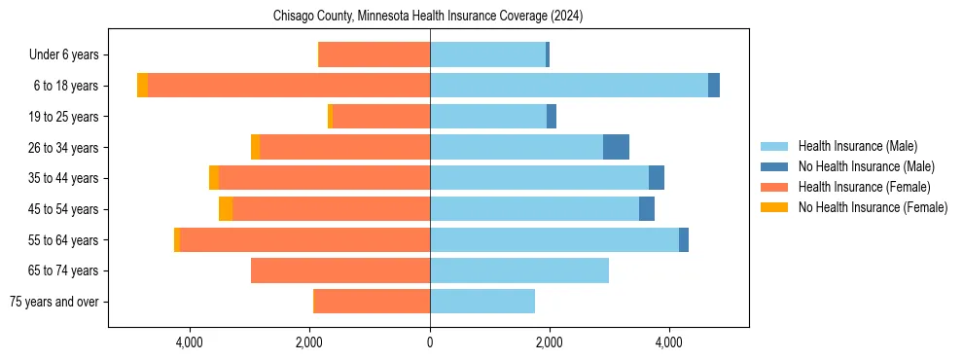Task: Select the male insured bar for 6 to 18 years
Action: pyautogui.click(x=569, y=86)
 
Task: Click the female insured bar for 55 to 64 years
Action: pyautogui.click(x=304, y=239)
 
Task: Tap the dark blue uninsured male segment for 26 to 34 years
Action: pyautogui.click(x=616, y=147)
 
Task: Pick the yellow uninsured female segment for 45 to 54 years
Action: pyautogui.click(x=226, y=209)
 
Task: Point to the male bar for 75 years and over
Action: pyautogui.click(x=482, y=302)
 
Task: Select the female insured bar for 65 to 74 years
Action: pyautogui.click(x=340, y=270)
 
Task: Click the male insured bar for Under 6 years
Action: pyautogui.click(x=487, y=54)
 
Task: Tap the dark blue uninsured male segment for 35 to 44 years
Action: pyautogui.click(x=657, y=178)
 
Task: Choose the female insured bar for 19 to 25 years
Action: pyautogui.click(x=381, y=117)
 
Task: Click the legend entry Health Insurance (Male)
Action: pyautogui.click(x=856, y=146)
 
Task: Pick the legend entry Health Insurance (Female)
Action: pyautogui.click(x=864, y=187)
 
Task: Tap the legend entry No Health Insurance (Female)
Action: pyautogui.click(x=873, y=207)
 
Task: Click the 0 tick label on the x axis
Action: pyautogui.click(x=430, y=342)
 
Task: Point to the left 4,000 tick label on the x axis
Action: pyautogui.click(x=189, y=342)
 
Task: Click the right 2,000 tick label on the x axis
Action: pyautogui.click(x=550, y=342)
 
